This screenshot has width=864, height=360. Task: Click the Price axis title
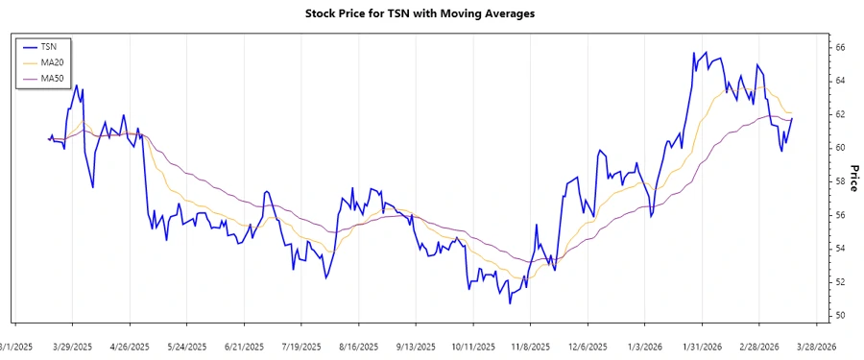coord(853,178)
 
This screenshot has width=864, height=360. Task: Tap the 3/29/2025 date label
coord(72,347)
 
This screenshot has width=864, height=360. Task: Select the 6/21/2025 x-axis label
coord(243,347)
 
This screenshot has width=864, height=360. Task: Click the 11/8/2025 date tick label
coord(530,347)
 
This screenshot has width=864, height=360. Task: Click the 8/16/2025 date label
coord(358,347)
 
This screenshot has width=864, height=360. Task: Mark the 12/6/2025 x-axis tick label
coord(588,347)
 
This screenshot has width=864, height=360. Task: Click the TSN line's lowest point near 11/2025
coord(510,303)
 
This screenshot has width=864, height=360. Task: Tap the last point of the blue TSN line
coord(792,118)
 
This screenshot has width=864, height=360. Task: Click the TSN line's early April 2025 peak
coord(77,85)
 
